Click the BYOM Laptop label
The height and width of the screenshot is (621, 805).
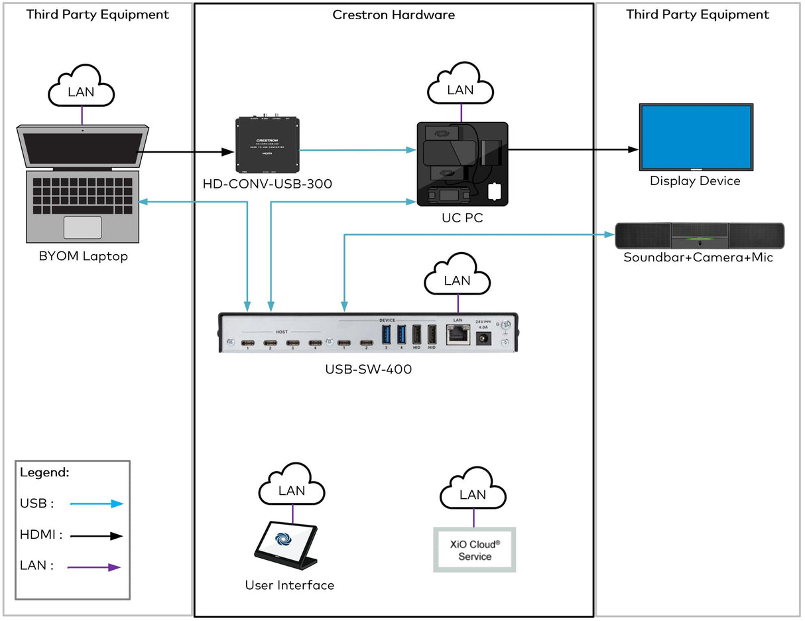(83, 256)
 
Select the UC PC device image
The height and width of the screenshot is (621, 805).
(462, 163)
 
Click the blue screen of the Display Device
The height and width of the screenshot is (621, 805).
(695, 138)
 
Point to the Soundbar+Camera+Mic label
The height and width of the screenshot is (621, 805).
(698, 257)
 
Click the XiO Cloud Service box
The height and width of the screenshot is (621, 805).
(474, 550)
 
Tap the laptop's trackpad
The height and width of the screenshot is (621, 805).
(82, 227)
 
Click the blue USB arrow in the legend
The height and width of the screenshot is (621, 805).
(97, 504)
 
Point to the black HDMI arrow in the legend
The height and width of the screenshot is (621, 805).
(97, 535)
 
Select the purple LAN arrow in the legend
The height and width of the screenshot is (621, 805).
(97, 567)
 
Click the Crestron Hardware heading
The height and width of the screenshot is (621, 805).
(394, 15)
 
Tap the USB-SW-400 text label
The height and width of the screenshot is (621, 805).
(368, 370)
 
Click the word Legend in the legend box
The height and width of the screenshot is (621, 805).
(44, 473)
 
